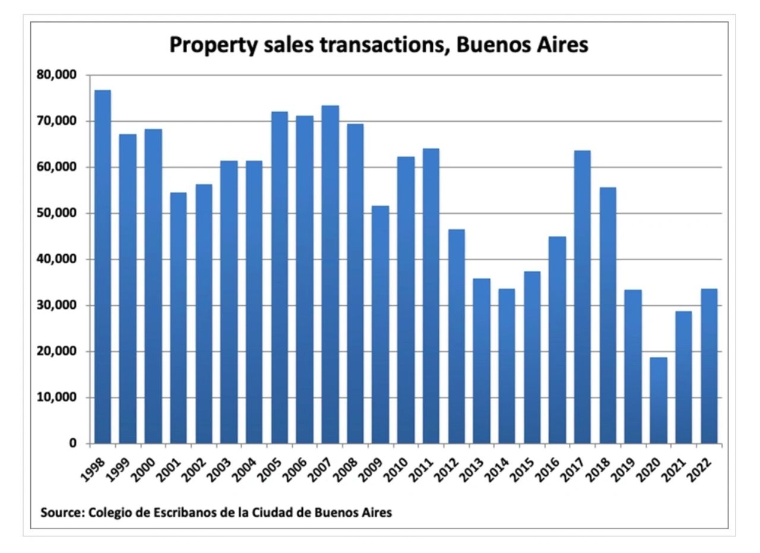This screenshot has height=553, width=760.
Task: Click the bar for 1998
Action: (102, 267)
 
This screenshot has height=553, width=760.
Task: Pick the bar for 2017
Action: (582, 297)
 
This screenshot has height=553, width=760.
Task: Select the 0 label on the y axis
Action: (72, 444)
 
